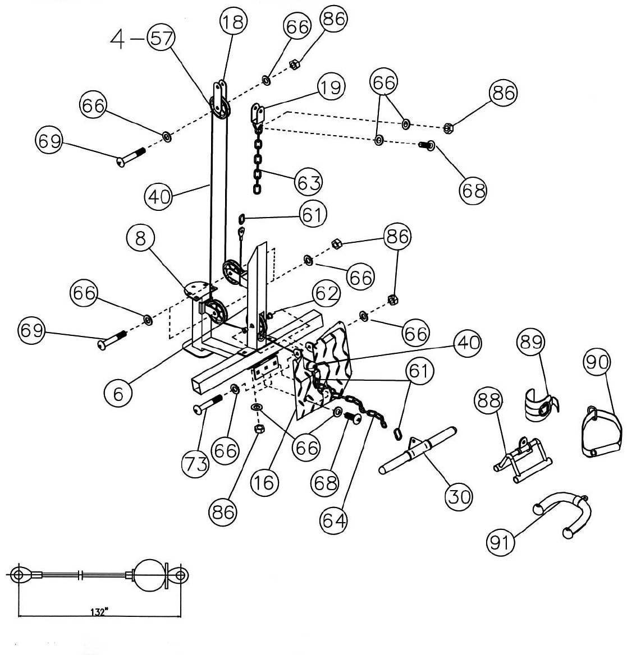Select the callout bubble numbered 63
[309, 182]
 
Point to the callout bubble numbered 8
[140, 239]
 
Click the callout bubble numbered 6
[118, 394]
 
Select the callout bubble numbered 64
[333, 520]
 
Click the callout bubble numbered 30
[459, 496]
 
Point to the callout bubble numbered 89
[530, 342]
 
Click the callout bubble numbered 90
[597, 363]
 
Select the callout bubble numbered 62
[327, 294]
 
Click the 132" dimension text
[99, 612]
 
